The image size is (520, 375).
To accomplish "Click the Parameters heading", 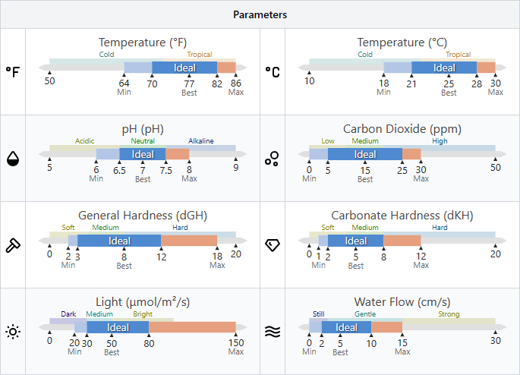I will coord(260,15).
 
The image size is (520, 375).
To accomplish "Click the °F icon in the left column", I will coord(13,71).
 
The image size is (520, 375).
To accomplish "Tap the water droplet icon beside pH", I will coord(13,158).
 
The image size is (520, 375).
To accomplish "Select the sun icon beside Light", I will coord(13,331).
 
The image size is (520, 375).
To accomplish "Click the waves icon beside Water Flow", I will coord(273,331).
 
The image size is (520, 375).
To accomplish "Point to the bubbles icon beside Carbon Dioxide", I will coord(273,158).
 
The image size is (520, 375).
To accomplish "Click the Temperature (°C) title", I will coord(402,43).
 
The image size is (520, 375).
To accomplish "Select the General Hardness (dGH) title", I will coord(143,216).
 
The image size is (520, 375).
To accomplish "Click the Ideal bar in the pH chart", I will coord(143,154).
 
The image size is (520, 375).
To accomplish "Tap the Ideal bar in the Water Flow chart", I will coord(346,327).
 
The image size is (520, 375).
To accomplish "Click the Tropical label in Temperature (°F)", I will coord(200,55).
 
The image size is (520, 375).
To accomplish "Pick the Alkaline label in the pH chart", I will coord(201,141).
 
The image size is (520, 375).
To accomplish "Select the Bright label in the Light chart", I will coord(143,314).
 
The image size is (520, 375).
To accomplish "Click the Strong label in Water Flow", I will coord(449,314).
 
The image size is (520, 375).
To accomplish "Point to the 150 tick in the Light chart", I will coord(236,342).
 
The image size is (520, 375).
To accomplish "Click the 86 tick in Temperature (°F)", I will coord(236,83).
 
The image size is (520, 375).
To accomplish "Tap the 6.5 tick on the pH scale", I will coord(119,169).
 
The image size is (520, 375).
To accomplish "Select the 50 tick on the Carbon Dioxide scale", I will coord(496,167).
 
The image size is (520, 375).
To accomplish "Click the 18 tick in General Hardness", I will coord(217,255).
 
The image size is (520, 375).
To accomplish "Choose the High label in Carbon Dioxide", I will coord(440,141).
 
